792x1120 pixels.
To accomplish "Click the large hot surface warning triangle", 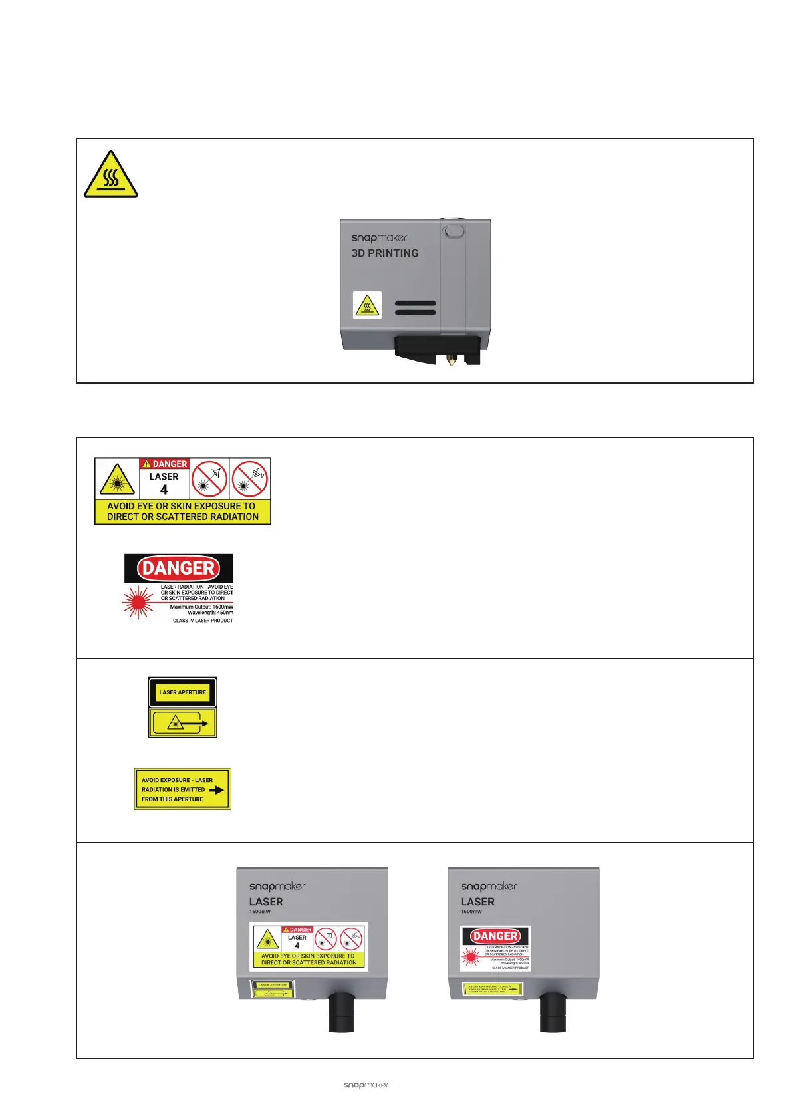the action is [110, 175].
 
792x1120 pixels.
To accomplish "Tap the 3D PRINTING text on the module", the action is [385, 253].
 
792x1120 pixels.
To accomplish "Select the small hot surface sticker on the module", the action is [367, 305].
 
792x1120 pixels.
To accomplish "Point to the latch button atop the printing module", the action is [454, 231].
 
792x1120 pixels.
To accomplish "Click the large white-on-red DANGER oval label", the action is [178, 568].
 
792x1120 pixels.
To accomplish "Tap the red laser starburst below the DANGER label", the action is [138, 602].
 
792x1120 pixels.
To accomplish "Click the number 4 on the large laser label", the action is [164, 490].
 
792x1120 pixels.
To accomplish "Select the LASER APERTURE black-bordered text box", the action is [183, 692].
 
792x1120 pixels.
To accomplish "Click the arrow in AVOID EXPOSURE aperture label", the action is [216, 790].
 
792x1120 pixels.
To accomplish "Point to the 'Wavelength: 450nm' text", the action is [210, 613].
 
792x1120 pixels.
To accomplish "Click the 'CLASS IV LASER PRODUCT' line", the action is [203, 621].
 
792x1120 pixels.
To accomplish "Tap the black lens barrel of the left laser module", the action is [341, 1011].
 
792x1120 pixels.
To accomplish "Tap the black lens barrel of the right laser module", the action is [553, 1011].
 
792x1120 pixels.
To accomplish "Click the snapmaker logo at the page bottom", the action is [366, 1085].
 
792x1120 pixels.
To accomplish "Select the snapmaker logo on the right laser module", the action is [489, 886].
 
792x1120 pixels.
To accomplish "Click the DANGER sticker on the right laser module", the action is [495, 948].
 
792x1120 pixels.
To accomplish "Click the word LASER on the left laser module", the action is [266, 902].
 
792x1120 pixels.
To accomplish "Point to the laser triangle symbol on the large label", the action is [117, 480].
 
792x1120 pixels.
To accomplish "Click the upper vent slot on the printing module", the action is [416, 303].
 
